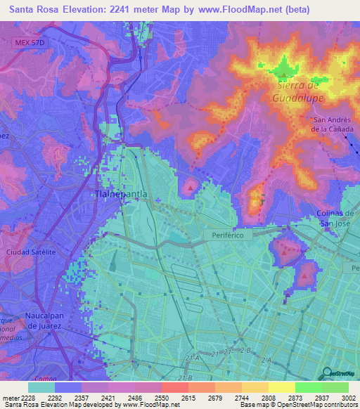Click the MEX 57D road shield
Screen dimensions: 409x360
[x=29, y=43]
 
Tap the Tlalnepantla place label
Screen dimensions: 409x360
[x=121, y=193]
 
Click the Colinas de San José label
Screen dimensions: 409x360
[x=335, y=218]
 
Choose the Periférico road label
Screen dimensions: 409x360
[x=228, y=235]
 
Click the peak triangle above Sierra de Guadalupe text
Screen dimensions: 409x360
[x=283, y=70]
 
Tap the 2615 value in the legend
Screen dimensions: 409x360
[x=187, y=397]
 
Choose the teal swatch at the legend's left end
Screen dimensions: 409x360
[x=41, y=387]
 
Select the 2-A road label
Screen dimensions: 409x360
[x=266, y=361]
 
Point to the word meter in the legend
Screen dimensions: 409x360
[x=9, y=397]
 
